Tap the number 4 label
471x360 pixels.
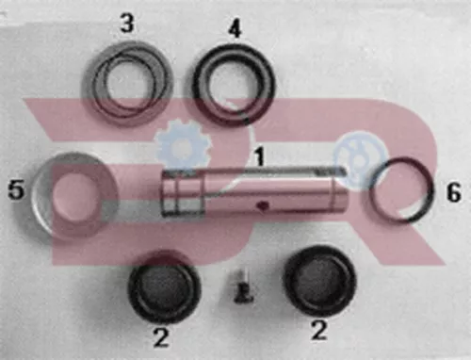pyautogui.click(x=235, y=27)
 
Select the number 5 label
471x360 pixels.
pyautogui.click(x=14, y=191)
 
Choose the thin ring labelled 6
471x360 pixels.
pyautogui.click(x=400, y=189)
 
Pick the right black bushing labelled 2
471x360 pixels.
pyautogui.click(x=318, y=280)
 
